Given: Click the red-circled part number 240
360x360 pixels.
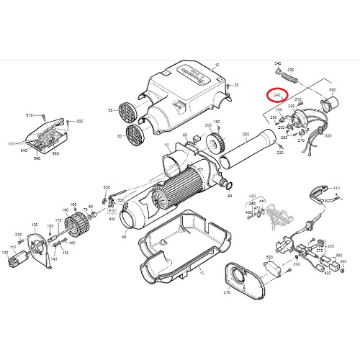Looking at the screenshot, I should pos(276,94).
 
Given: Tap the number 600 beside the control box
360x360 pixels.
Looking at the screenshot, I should pos(12,144).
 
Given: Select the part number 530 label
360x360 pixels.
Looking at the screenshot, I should pos(269,256).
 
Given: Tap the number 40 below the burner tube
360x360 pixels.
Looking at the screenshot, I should pos(124,237).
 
